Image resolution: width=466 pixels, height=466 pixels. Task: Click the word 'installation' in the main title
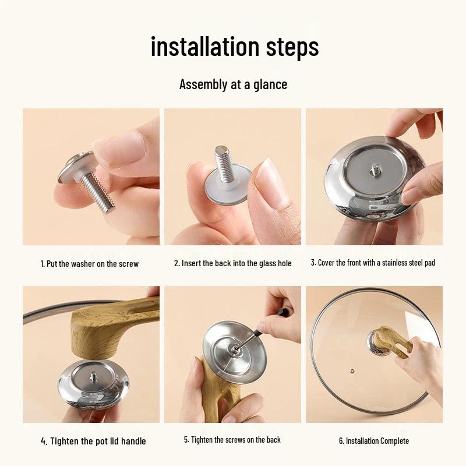tap(206, 47)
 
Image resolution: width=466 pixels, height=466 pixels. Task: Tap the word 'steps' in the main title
tap(292, 48)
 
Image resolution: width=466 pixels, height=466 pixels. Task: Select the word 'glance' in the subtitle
tap(270, 84)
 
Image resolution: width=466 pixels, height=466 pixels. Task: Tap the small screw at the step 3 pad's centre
tap(374, 170)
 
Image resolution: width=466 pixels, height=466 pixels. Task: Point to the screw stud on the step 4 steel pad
tap(93, 376)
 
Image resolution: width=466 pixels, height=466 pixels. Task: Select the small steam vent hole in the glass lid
tap(352, 371)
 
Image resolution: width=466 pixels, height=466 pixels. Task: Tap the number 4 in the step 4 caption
tap(43, 442)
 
